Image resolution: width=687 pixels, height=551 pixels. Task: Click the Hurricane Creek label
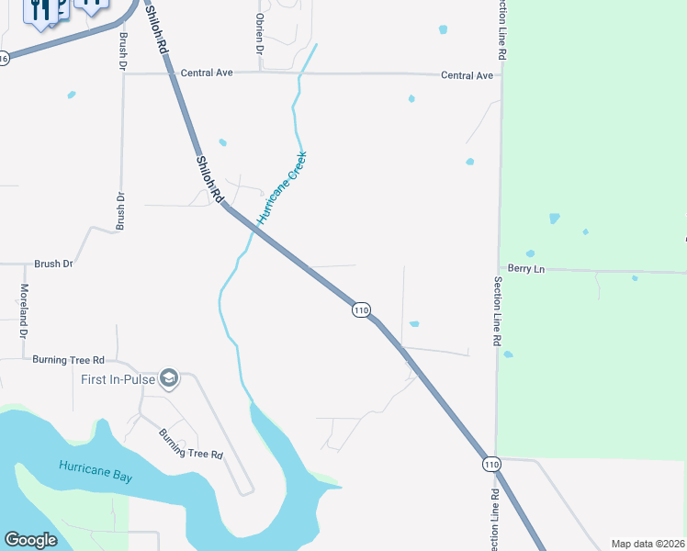281,188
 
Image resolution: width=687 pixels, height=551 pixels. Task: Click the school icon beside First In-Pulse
168,378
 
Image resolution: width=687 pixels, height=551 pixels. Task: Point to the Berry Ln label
525,269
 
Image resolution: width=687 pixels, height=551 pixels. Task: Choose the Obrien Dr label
259,34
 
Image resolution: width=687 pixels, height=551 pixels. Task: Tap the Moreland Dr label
24,307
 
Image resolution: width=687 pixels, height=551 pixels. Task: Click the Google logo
30,540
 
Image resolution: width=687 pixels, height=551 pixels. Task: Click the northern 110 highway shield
361,310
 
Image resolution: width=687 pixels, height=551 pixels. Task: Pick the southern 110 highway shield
492,465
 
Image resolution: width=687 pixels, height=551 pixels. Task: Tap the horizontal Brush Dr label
53,264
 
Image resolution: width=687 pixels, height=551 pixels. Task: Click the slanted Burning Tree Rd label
191,444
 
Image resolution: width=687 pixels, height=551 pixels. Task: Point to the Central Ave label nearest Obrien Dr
207,73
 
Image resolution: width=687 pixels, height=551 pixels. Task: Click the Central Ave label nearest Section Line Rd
467,75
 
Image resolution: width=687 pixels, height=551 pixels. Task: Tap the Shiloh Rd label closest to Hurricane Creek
209,179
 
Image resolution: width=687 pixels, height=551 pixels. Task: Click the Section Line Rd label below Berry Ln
497,310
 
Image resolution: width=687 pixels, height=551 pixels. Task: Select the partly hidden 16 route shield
4,58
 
